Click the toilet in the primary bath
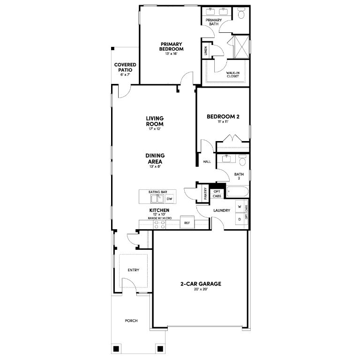241,13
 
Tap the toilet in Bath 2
242,160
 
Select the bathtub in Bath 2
237,191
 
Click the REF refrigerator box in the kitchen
187,222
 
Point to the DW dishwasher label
169,199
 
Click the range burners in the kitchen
159,225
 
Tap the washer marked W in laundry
240,207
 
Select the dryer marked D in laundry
240,219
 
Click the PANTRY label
205,194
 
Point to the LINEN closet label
206,51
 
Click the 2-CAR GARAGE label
201,284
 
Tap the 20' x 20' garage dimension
201,289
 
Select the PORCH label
131,321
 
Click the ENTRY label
134,270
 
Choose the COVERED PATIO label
125,67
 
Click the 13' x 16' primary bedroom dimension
171,54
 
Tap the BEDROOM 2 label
223,117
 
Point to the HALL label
207,162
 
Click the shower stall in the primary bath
241,47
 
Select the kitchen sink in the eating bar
157,199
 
